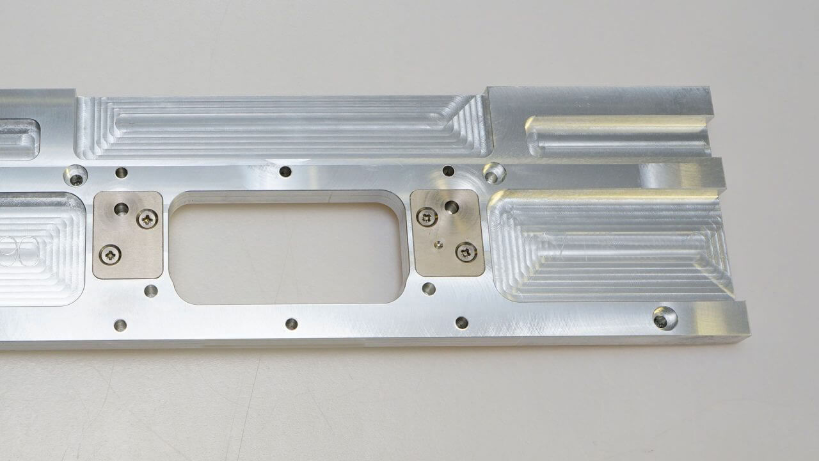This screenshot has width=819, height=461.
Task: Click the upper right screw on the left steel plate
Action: pos(148,220)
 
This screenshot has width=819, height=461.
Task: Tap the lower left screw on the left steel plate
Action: pos(110,255)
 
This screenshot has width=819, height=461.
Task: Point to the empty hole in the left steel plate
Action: pos(121,209)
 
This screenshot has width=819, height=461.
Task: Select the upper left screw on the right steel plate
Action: pos(427,217)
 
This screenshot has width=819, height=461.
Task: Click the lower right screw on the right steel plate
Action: pos(466,252)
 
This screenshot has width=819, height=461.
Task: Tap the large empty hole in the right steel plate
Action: pos(452,207)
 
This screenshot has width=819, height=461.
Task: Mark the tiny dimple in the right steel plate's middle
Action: pos(437,243)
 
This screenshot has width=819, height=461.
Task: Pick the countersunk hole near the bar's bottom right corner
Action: pos(665,318)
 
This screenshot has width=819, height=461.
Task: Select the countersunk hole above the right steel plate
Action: pos(493,173)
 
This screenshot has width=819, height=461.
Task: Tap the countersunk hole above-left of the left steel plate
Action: pos(76,175)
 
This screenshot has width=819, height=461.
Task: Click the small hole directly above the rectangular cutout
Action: pos(285,172)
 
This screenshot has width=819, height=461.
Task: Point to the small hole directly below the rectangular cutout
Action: pos(291,324)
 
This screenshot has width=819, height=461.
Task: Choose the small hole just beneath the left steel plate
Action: pos(151,291)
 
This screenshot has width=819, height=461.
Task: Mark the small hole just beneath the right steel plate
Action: pos(429,289)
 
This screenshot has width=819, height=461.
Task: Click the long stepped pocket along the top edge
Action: pos(282,126)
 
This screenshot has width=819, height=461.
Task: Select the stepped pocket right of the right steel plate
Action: pos(611,247)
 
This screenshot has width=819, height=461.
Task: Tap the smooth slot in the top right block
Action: pos(617,136)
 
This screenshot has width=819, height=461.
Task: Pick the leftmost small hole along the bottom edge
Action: pos(120,325)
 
